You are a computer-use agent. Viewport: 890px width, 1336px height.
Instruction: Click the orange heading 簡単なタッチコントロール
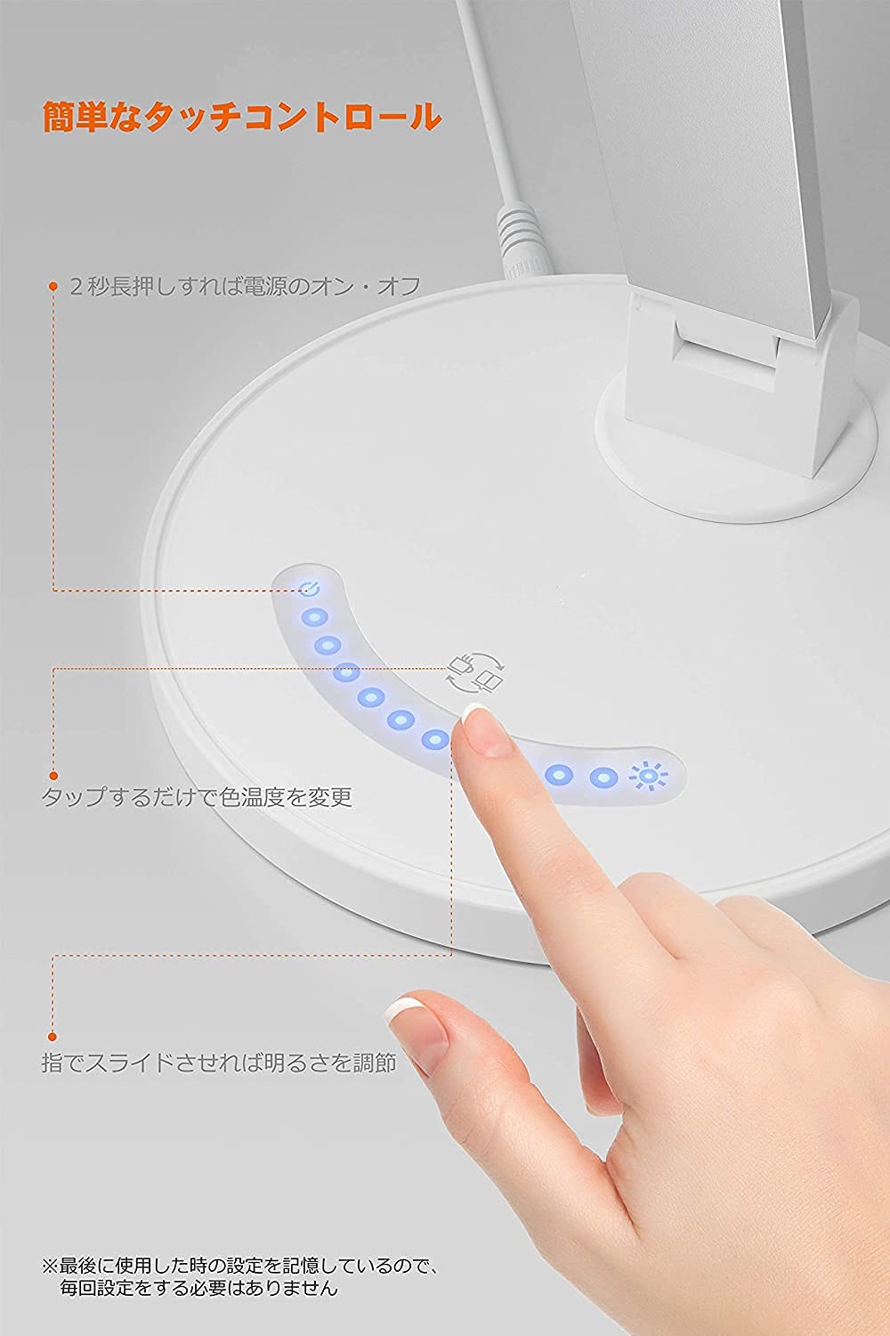coord(241,117)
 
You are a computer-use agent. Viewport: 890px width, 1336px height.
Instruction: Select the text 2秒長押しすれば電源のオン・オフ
coord(246,287)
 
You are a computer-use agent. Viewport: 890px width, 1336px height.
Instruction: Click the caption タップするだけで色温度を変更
coord(197,795)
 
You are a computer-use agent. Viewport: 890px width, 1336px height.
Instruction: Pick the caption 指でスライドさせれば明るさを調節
coord(219,1063)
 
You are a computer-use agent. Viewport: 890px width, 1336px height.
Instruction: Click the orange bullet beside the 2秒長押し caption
coord(53,287)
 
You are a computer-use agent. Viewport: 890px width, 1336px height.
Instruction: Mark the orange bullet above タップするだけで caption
coord(53,775)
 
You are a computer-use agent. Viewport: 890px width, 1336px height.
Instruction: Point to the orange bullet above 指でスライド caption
coord(53,1036)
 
